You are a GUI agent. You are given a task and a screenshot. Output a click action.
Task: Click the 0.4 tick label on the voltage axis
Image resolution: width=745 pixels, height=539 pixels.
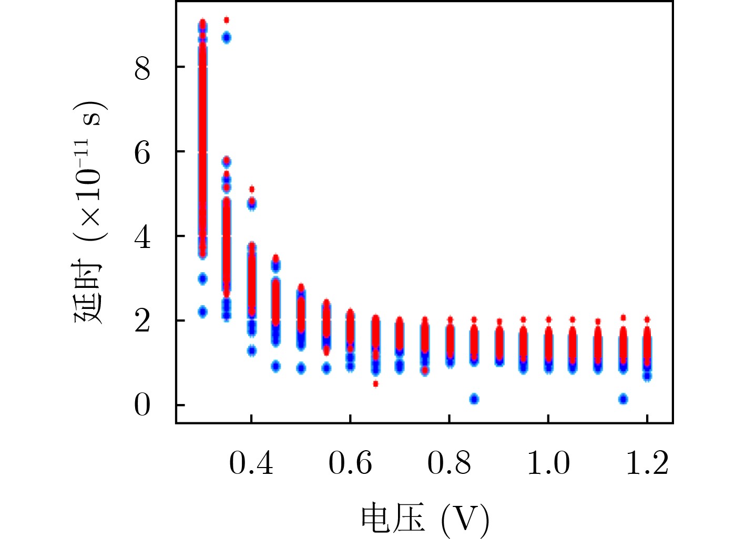click(x=251, y=463)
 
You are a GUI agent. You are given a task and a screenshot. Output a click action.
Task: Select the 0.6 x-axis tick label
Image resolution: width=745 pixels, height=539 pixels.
click(x=350, y=463)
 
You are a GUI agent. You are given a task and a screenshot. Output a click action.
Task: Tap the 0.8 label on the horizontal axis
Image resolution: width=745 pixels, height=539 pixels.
click(x=449, y=463)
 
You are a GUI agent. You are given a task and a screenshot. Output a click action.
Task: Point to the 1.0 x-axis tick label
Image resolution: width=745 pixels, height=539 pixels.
click(x=548, y=463)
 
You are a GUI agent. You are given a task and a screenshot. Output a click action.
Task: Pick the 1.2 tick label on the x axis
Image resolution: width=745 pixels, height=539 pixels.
click(x=647, y=463)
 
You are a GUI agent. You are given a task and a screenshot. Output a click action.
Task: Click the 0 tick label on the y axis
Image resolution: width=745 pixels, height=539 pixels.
click(x=142, y=405)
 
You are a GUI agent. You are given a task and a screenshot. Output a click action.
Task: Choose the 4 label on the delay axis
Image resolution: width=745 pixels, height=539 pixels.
click(x=142, y=236)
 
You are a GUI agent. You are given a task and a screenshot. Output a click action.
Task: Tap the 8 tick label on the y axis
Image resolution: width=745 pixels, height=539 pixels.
click(x=142, y=68)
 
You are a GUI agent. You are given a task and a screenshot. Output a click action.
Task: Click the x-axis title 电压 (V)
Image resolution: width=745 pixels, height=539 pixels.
click(x=425, y=519)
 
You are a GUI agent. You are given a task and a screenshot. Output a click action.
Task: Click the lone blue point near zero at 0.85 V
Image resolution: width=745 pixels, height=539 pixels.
click(x=474, y=399)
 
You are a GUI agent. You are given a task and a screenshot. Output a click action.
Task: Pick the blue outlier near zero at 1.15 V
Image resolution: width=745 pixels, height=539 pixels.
click(x=623, y=399)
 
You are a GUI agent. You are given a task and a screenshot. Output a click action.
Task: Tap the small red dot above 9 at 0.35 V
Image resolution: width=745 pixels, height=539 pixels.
click(x=227, y=20)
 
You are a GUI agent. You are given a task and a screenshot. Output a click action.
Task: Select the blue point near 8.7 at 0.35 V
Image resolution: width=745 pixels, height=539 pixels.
click(x=227, y=37)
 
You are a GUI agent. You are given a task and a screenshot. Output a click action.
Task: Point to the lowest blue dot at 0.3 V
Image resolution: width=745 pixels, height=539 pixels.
click(x=202, y=312)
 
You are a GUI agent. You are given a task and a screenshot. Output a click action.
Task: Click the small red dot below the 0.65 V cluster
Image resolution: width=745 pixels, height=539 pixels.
click(x=375, y=383)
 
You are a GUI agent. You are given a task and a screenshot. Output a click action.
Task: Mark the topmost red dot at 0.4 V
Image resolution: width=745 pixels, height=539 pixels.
click(x=252, y=189)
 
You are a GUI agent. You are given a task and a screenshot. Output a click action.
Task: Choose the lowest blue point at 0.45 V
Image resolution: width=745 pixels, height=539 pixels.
click(x=276, y=367)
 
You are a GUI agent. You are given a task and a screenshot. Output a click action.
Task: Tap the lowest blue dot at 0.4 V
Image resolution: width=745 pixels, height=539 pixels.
click(x=252, y=350)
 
